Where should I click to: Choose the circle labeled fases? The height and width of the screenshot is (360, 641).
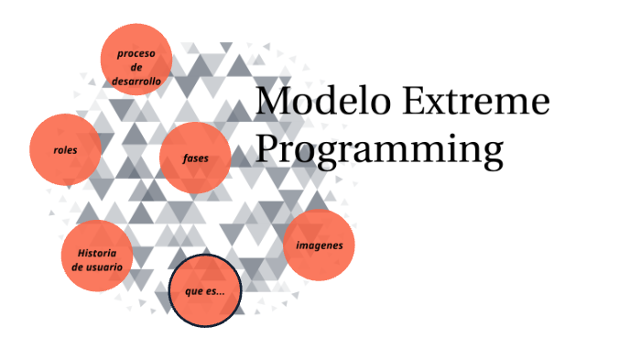pyautogui.click(x=194, y=158)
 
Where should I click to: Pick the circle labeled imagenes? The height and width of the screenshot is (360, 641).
pyautogui.click(x=319, y=245)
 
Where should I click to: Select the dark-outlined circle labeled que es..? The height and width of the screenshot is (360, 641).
pyautogui.click(x=205, y=292)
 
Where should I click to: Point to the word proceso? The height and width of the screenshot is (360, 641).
pyautogui.click(x=136, y=53)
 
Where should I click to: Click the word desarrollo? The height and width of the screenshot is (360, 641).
pyautogui.click(x=136, y=82)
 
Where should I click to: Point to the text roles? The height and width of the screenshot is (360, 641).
pyautogui.click(x=65, y=150)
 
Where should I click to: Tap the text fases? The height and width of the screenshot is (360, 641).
pyautogui.click(x=195, y=158)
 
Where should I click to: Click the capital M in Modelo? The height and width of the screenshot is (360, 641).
pyautogui.click(x=273, y=101)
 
